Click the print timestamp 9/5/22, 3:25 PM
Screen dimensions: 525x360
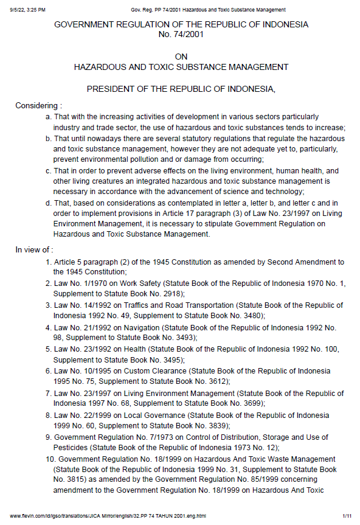pyautogui.click(x=28, y=10)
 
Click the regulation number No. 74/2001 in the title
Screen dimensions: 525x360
pyautogui.click(x=181, y=35)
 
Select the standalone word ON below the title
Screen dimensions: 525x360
pyautogui.click(x=181, y=57)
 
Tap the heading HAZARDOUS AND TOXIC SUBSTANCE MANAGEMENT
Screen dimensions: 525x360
pyautogui.click(x=181, y=67)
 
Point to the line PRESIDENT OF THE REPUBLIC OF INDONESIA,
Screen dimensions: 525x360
pyautogui.click(x=181, y=89)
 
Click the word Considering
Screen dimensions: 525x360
pyautogui.click(x=38, y=105)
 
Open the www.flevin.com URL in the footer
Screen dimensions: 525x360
pyautogui.click(x=108, y=516)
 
